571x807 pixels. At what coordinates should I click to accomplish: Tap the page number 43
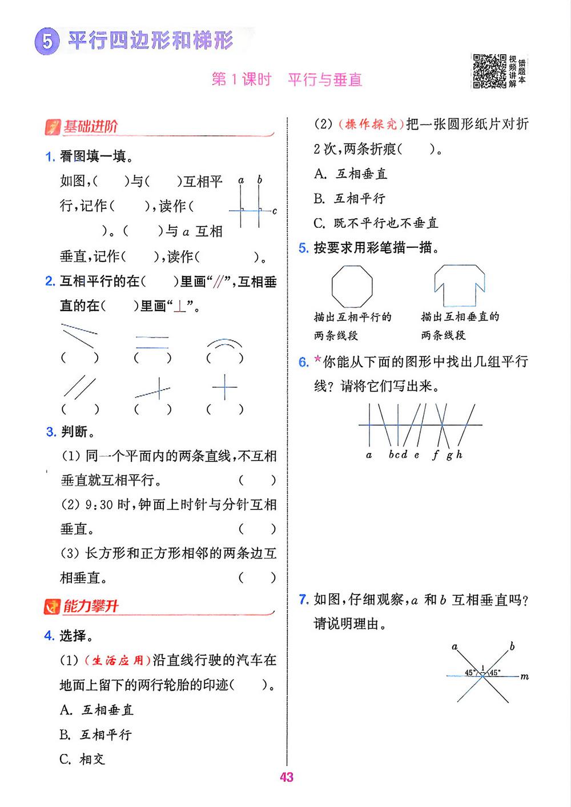click(x=287, y=777)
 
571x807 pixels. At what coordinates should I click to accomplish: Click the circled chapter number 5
click(x=47, y=43)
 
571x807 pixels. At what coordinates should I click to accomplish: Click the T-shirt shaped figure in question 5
click(x=459, y=285)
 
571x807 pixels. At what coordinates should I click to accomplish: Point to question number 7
click(x=304, y=599)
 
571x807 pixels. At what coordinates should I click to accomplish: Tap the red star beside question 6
click(x=318, y=361)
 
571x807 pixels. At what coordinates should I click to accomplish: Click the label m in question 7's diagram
click(x=525, y=677)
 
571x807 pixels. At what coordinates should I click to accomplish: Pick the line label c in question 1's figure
click(x=275, y=211)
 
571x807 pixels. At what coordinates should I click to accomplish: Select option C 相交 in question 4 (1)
click(x=83, y=759)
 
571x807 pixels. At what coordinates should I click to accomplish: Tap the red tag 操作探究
click(x=371, y=125)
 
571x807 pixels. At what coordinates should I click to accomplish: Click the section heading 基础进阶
click(x=90, y=126)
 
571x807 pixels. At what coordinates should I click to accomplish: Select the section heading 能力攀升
click(x=90, y=606)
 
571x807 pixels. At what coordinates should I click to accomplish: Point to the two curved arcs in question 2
click(x=224, y=344)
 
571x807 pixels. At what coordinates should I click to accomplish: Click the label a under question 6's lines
click(x=369, y=455)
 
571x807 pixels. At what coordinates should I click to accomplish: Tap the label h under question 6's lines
click(x=459, y=455)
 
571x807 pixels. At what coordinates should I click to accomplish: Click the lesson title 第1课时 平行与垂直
click(x=287, y=79)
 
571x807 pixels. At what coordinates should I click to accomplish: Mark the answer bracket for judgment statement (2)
click(x=257, y=529)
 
